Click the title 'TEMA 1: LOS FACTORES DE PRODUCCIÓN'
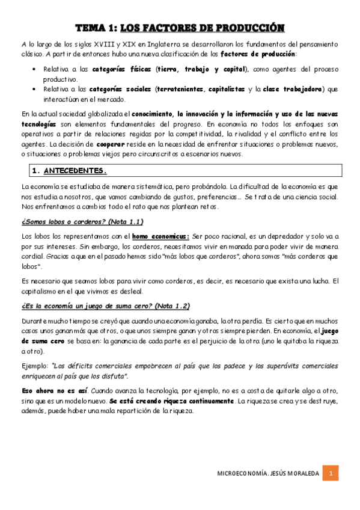[x=180, y=28]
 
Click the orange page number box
[x=330, y=473]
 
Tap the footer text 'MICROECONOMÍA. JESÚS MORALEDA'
[x=267, y=474]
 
